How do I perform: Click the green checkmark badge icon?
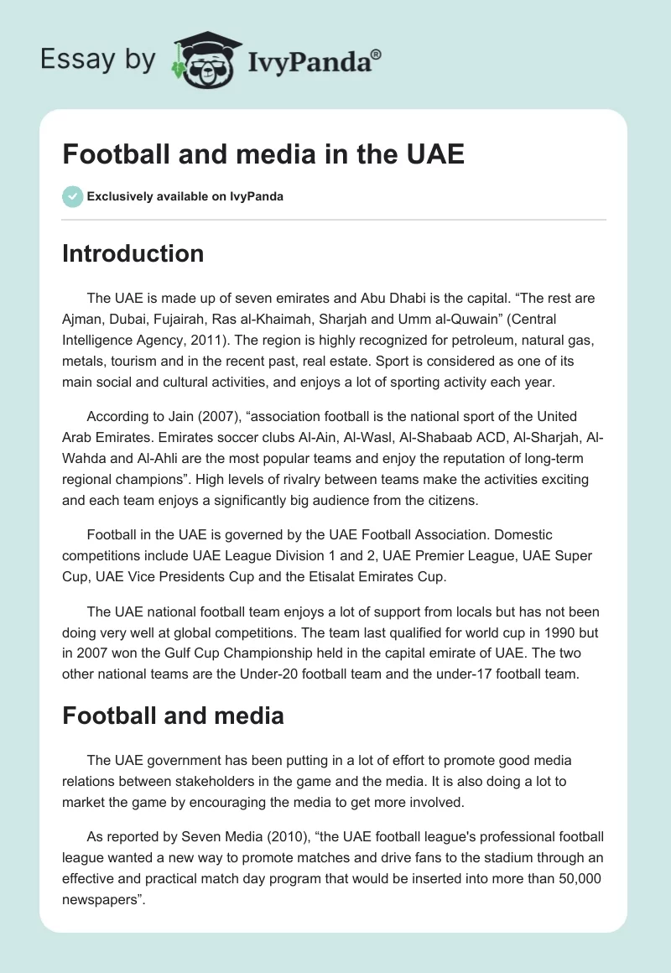tap(72, 196)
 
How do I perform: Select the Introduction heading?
tap(133, 253)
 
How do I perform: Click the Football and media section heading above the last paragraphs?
tap(173, 715)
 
